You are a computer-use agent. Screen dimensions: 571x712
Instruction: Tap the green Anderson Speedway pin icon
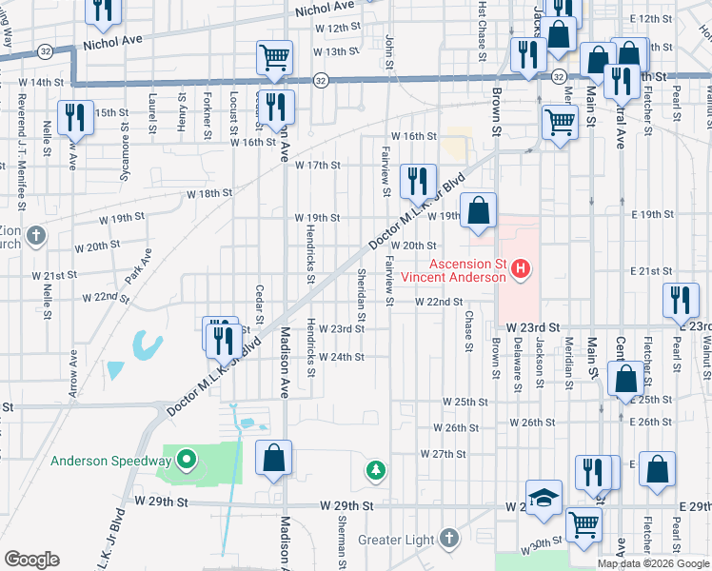(188, 462)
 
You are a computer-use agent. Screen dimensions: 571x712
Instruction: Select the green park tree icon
(377, 470)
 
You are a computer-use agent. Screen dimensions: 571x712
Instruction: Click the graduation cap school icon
(544, 498)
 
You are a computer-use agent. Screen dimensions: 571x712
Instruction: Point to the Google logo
(31, 560)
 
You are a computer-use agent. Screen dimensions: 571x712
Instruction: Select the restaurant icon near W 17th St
(418, 179)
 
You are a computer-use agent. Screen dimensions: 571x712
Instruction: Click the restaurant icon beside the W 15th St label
(74, 117)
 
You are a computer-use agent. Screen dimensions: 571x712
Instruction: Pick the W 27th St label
(442, 455)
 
